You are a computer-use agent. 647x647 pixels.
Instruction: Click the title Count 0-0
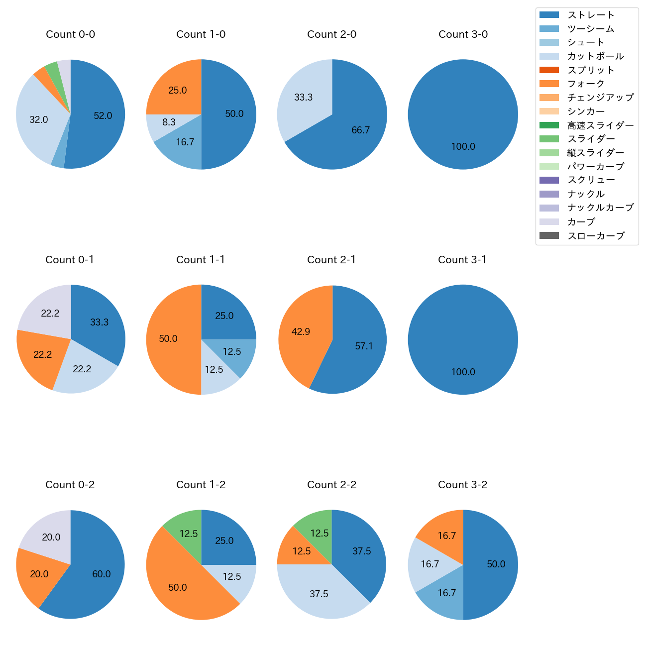click(70, 34)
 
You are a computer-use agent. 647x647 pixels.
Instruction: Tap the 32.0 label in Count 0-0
click(39, 120)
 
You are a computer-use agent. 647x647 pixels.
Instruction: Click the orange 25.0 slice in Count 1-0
click(177, 89)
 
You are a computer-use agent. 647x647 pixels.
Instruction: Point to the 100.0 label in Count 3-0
click(463, 147)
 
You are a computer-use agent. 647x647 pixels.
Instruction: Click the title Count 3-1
click(462, 260)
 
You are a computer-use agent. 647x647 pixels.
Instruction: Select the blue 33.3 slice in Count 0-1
click(100, 321)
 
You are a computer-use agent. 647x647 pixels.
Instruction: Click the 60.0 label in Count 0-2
click(102, 574)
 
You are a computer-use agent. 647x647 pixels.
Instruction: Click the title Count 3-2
click(462, 485)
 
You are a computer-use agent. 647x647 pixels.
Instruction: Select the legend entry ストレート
click(591, 15)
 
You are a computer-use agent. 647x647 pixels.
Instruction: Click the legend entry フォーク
click(586, 84)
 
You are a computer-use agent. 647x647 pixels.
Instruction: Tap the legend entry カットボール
click(595, 56)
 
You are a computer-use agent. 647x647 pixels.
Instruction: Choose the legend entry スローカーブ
click(596, 236)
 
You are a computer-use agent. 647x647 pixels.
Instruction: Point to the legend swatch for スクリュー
click(549, 180)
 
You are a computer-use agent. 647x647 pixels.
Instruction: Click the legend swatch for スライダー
click(549, 139)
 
